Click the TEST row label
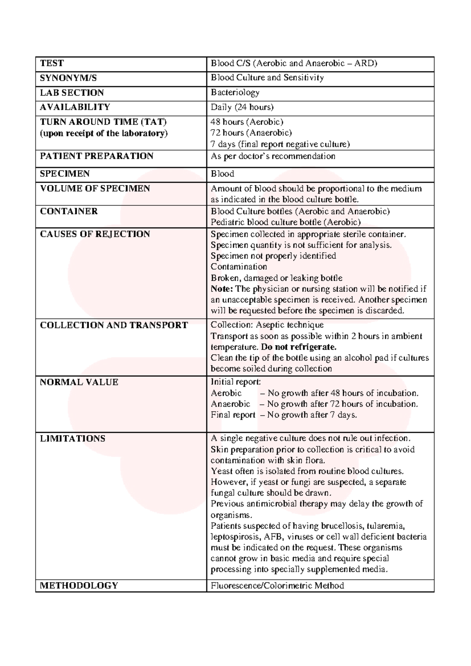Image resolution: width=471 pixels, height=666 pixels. tap(52, 63)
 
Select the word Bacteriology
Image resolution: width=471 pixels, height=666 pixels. tap(235, 93)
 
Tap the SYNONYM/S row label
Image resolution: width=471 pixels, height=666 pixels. tap(68, 78)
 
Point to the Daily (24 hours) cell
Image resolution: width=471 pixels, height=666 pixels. tap(242, 107)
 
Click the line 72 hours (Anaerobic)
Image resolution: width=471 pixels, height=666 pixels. tap(251, 133)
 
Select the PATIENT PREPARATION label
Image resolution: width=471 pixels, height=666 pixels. tap(97, 156)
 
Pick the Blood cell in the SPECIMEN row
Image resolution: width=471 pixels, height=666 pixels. tap(222, 174)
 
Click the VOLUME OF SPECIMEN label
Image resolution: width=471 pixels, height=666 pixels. tap(95, 188)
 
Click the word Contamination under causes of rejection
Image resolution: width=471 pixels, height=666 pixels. tap(239, 267)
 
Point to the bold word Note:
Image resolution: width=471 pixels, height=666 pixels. tap(222, 289)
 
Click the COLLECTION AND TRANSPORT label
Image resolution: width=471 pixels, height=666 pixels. tap(114, 325)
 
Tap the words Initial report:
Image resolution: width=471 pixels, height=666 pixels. tap(235, 382)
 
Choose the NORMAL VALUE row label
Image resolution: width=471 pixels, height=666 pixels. tap(79, 382)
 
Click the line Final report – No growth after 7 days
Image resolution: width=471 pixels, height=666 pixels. tap(284, 415)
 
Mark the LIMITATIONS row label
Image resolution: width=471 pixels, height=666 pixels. tap(73, 439)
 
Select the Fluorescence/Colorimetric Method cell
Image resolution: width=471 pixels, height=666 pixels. tap(277, 586)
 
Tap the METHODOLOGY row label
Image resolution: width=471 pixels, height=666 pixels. tap(79, 585)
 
